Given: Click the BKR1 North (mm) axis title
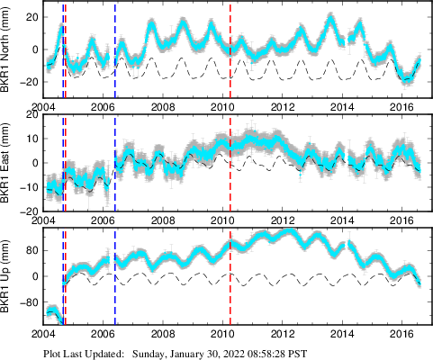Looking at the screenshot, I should [x=7, y=50].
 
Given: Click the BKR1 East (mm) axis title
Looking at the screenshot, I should [x=7, y=166].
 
